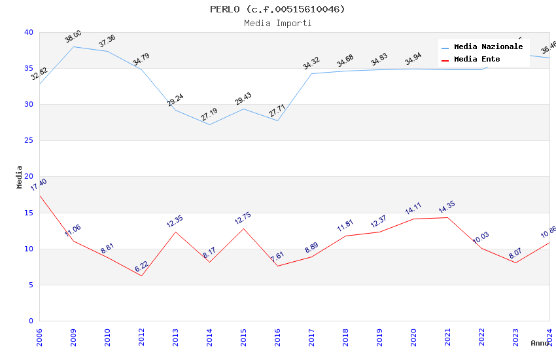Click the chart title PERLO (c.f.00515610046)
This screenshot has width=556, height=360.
point(277,9)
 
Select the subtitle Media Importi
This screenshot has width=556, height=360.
point(277,23)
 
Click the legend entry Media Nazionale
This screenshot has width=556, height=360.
point(488,47)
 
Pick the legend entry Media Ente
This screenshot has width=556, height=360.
point(477,60)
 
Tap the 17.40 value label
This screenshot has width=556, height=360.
point(39,185)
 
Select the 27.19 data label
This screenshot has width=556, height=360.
point(209,115)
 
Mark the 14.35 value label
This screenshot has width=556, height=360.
point(447,208)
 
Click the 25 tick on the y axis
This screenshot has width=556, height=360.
point(29,141)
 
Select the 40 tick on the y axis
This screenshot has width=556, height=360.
point(29,33)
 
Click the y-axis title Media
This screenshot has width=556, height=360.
point(20,177)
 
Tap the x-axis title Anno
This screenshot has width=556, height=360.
point(540,343)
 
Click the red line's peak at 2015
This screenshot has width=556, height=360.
point(243,228)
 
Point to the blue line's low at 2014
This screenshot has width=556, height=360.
point(209,124)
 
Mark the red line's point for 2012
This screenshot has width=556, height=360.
point(141,276)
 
